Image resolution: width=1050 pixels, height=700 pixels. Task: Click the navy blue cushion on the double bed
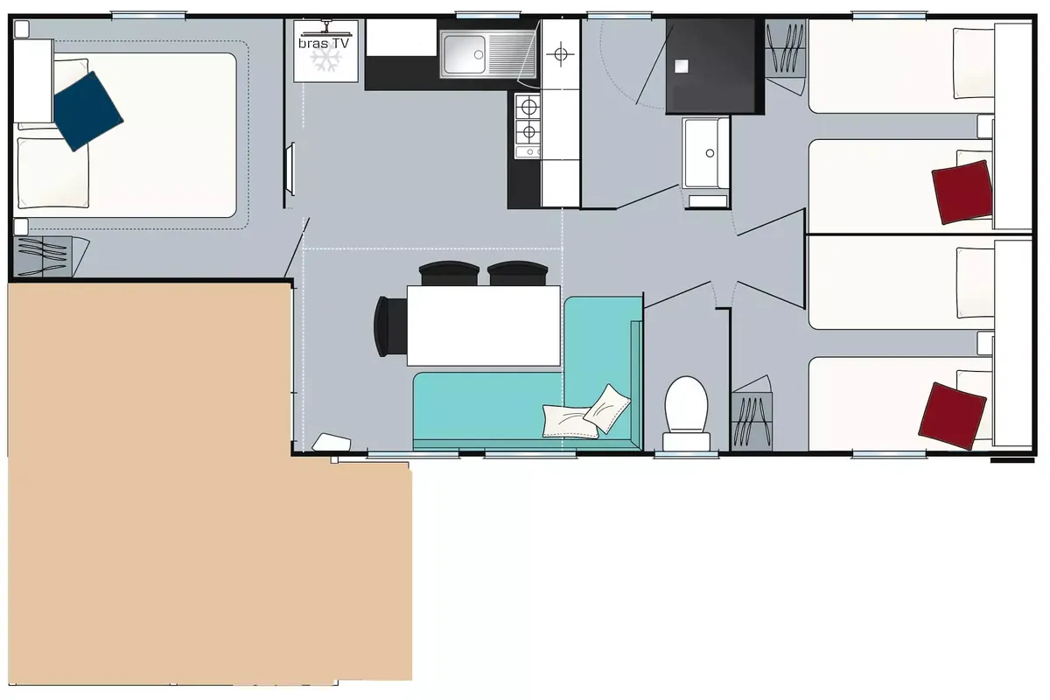88,111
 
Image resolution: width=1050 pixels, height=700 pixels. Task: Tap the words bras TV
324,44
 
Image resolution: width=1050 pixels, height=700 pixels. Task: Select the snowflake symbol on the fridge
325,59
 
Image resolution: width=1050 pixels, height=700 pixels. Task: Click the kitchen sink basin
465,54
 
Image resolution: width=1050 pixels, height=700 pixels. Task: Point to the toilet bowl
686,404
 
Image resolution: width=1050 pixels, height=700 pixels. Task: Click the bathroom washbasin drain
710,153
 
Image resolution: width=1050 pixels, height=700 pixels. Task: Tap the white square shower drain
681,66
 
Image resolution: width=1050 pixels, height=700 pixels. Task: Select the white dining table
483,325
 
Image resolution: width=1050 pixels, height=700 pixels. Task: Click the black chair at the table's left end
390,326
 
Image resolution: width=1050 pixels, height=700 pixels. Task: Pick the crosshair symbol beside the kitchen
561,54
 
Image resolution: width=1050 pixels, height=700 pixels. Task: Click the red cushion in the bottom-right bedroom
953,416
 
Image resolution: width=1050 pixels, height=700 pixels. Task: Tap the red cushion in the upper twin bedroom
962,192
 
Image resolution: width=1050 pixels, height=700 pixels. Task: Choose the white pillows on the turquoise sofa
586,414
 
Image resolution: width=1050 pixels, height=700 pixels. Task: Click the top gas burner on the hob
528,108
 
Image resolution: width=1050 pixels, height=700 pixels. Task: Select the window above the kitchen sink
488,16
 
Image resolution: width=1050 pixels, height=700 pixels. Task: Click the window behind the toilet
686,454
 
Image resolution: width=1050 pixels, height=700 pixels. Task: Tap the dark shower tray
713,66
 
